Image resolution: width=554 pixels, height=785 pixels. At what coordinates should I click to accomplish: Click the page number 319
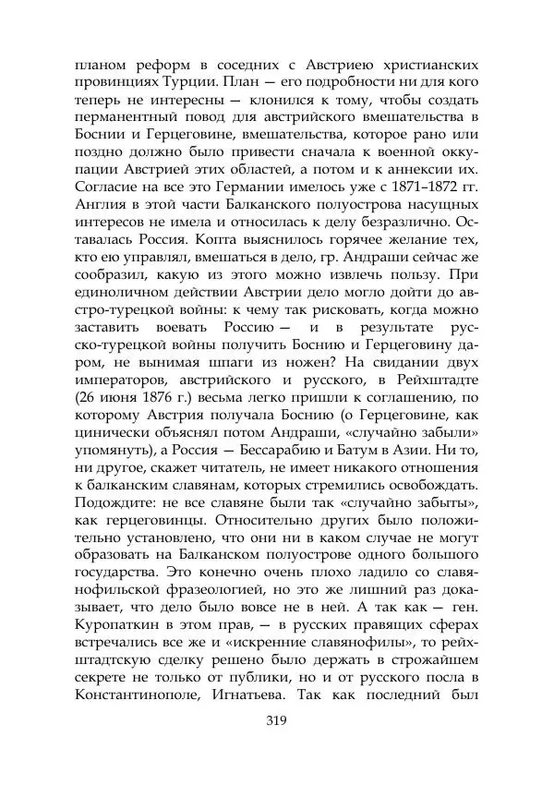[277, 721]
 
